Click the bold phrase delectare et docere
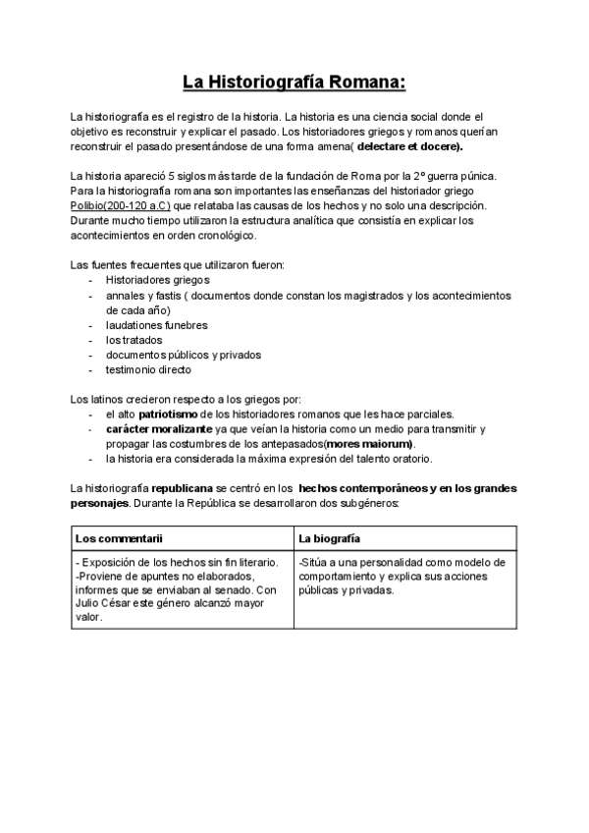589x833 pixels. [409, 146]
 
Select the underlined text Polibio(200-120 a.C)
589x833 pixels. [122, 207]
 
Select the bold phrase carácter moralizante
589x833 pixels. [158, 429]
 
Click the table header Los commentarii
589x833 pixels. [119, 538]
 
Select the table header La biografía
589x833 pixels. [329, 538]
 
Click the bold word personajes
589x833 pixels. [99, 503]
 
